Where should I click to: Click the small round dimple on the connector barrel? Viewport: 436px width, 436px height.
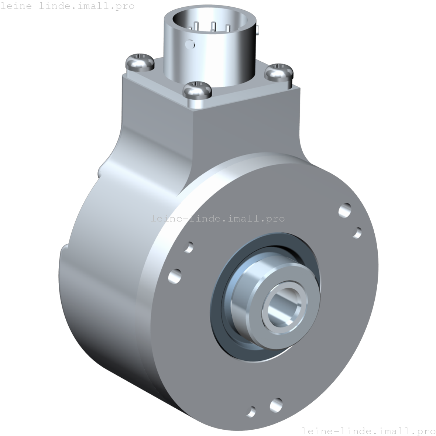click(190, 44)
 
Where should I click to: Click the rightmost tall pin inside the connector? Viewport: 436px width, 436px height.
click(228, 28)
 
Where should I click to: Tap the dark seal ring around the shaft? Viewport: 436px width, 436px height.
click(218, 314)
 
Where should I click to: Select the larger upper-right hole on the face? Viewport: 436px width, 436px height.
click(345, 210)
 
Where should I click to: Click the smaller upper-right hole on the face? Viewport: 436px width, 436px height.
click(357, 233)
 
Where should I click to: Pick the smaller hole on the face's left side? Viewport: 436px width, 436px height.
click(189, 247)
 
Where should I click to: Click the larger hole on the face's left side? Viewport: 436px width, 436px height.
click(175, 276)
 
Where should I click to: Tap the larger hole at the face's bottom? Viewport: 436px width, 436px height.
click(276, 405)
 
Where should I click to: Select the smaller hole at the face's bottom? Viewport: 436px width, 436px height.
click(252, 411)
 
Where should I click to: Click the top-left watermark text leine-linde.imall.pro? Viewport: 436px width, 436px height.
click(67, 6)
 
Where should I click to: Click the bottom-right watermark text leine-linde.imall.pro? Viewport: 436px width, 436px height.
click(368, 430)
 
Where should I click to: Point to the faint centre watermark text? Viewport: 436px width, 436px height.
click(218, 218)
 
